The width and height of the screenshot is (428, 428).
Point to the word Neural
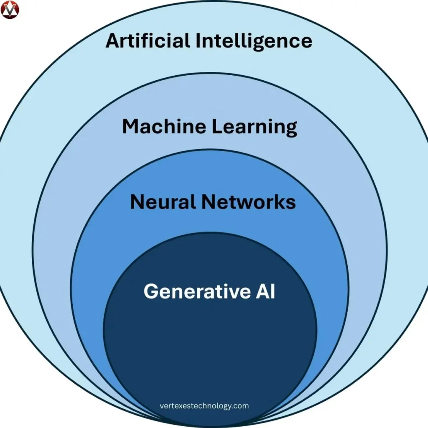coord(163,202)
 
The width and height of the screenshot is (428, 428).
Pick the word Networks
coord(248,202)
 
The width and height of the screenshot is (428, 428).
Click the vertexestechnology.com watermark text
coord(204,406)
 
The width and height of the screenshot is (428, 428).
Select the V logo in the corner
coord(10,10)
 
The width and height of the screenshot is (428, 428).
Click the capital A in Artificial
coord(113,41)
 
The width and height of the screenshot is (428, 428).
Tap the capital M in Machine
coord(132,127)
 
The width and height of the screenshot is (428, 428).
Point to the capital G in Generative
coord(152,291)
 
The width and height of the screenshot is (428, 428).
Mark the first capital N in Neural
coord(138,202)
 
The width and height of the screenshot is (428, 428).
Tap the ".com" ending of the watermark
coord(241,406)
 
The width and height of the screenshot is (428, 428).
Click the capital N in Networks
coord(209,202)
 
